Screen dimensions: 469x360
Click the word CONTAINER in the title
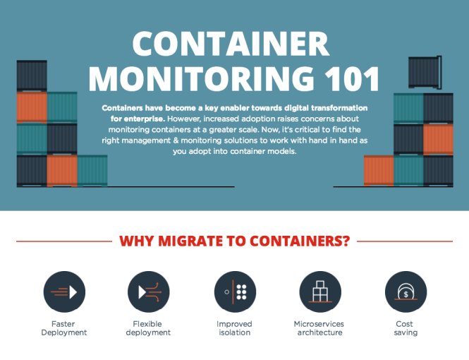coord(231,44)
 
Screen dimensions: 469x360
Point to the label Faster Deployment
coord(64,328)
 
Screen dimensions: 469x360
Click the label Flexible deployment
coord(148,328)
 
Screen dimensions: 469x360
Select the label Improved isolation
coord(234,328)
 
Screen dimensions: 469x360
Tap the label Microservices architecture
coord(320,328)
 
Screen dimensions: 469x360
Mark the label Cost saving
coord(406,328)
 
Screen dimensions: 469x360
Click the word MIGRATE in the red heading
coord(188,241)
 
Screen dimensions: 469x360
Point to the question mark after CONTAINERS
coord(345,241)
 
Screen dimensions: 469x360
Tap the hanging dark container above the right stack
coord(424,71)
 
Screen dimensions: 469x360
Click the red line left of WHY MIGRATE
coord(63,241)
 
